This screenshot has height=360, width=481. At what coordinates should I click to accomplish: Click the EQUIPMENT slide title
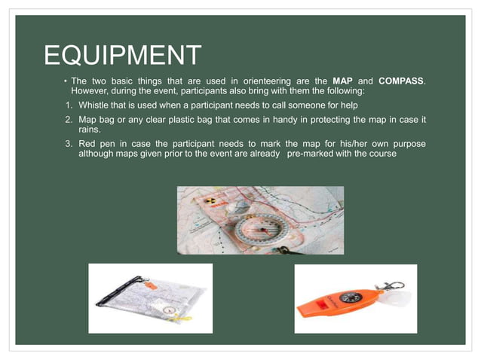coord(123,55)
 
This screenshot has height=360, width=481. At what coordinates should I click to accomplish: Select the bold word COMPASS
coord(401,81)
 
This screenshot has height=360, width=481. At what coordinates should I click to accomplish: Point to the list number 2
coord(68,121)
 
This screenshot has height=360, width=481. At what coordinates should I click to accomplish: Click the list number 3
coord(68,144)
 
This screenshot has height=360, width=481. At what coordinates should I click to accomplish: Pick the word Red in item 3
coord(88,144)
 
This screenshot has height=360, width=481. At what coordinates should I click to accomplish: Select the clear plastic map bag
coord(149,299)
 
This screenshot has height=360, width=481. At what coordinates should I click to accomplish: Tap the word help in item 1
coord(337,105)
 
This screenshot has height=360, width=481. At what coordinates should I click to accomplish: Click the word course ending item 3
coord(382,154)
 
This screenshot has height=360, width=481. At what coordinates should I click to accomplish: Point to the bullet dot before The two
coord(66,81)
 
